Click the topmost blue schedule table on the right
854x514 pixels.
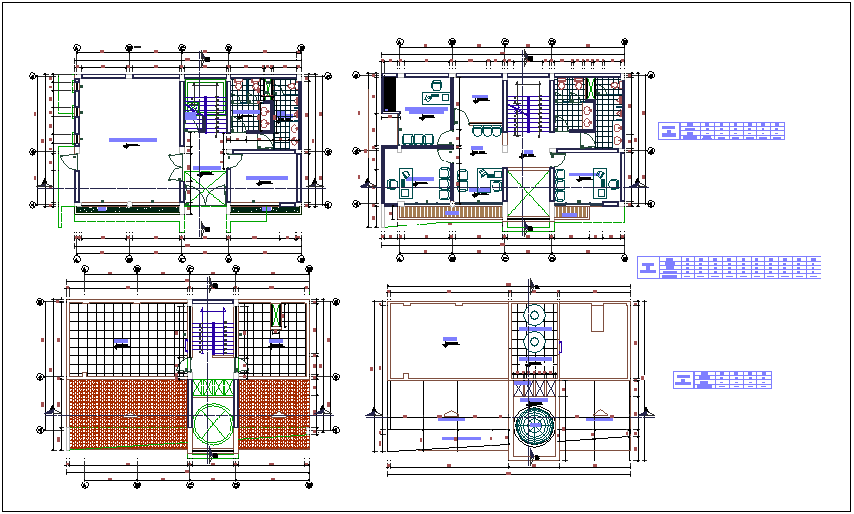tap(721, 132)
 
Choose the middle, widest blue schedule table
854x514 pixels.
tap(729, 268)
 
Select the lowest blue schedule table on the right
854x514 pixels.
tap(721, 381)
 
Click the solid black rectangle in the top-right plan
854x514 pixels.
tap(390, 94)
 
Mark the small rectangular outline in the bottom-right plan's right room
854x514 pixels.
tap(596, 318)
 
